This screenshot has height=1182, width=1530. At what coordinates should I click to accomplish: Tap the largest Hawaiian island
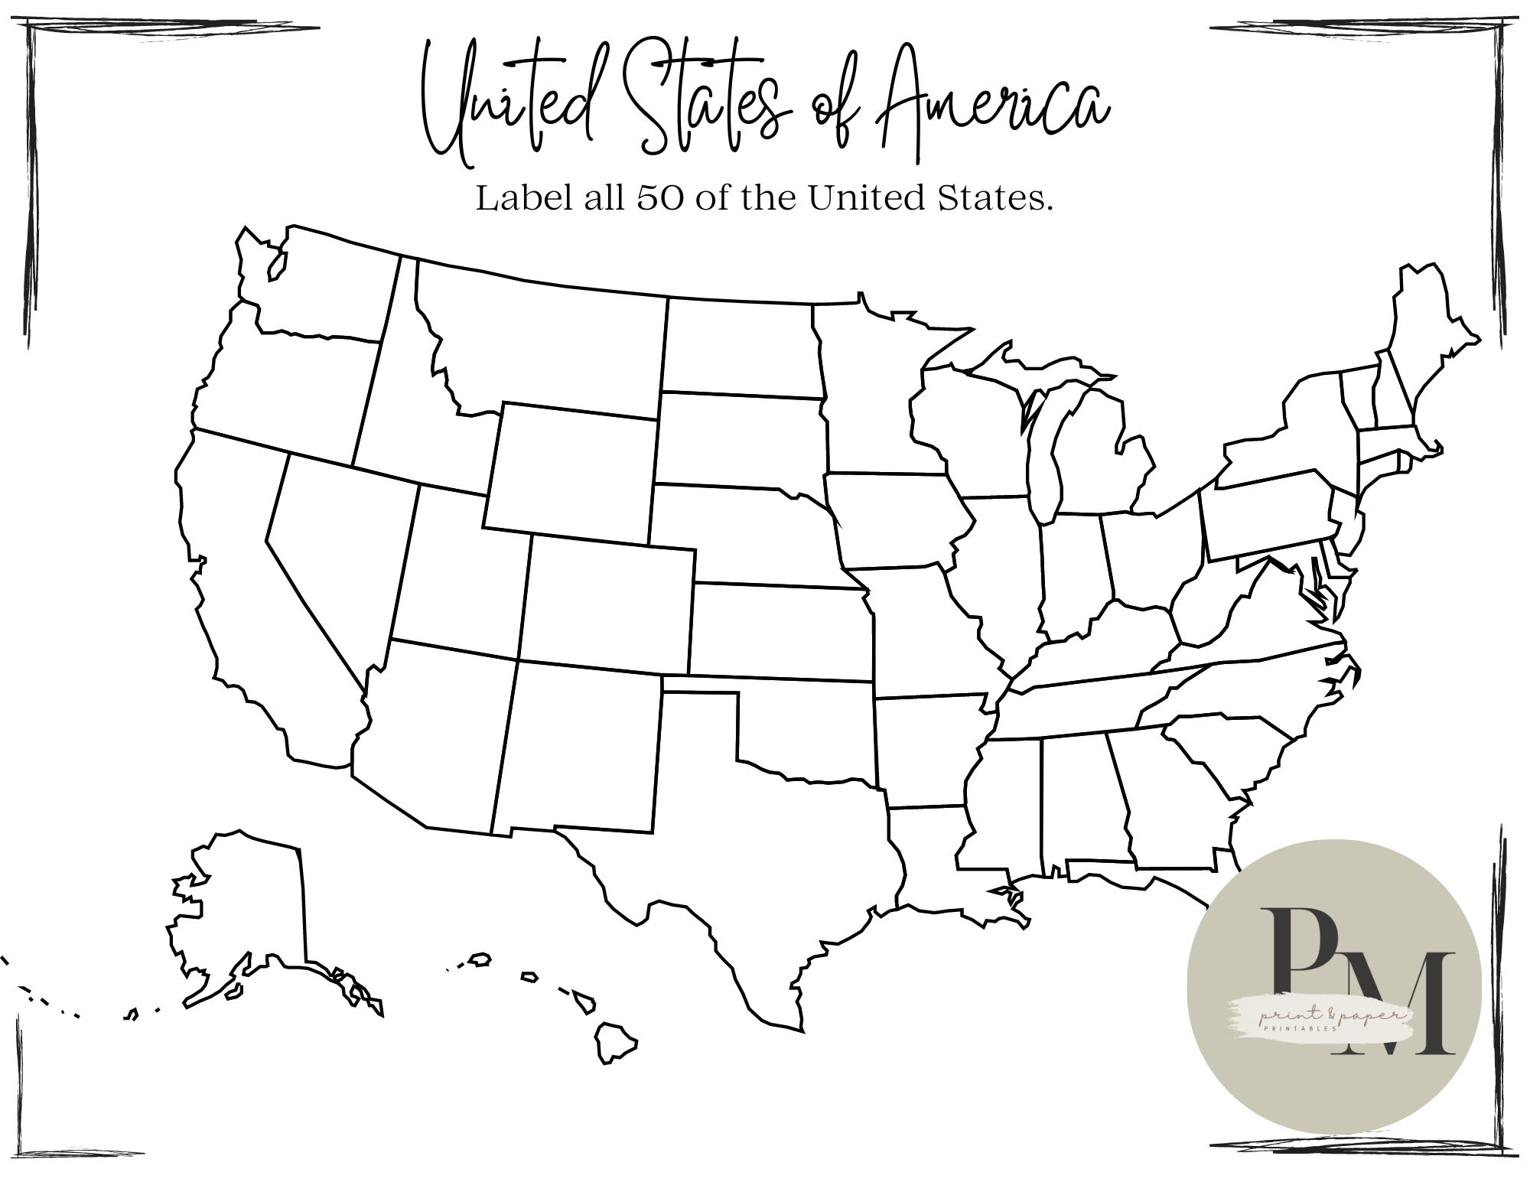coord(614,1040)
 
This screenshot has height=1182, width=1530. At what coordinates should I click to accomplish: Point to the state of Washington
coord(321,291)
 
